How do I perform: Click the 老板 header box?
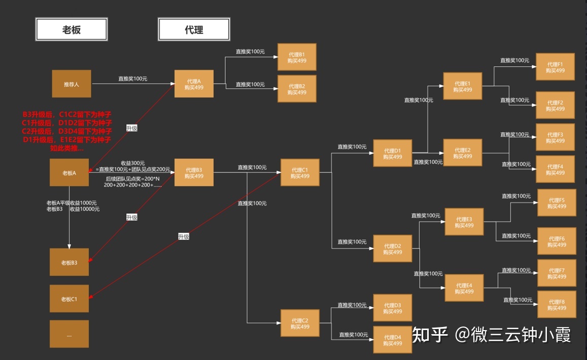point(71,29)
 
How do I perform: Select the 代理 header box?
point(194,29)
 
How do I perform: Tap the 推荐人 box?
point(72,84)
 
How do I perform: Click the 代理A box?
point(194,84)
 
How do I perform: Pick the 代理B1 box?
point(297,57)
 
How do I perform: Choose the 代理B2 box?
point(297,89)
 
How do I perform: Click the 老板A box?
point(69,172)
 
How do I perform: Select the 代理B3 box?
point(194,172)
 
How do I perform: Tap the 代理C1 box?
point(300,172)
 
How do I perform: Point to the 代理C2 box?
point(300,323)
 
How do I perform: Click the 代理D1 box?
point(392,153)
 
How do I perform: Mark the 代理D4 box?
point(392,340)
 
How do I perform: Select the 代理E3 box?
point(464,222)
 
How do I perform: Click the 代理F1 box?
point(555,67)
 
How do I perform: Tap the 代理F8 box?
point(557,304)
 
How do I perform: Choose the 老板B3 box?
point(69,262)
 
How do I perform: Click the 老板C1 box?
point(69,299)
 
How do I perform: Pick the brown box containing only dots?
point(69,334)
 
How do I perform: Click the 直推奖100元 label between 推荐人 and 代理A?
point(132,79)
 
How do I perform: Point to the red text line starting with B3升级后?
point(67,115)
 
